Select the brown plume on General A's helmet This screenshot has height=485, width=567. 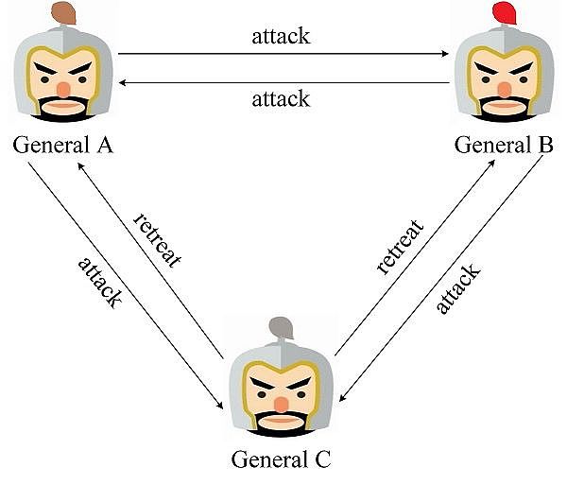point(64,12)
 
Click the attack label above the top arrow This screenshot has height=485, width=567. point(281,38)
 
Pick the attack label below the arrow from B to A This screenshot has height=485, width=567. point(281,98)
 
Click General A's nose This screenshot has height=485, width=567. point(63,89)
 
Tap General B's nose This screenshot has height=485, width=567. point(504,89)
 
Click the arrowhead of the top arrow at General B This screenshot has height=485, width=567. point(446,54)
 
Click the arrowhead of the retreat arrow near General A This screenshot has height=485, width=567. point(81,163)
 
